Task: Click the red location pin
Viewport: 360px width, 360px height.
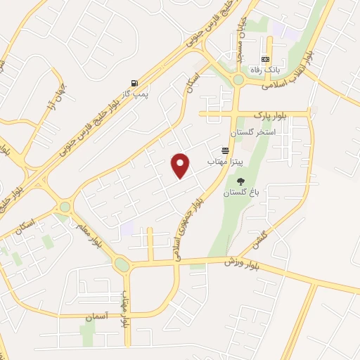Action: coord(181,165)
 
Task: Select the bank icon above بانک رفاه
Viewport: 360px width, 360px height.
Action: coord(266,59)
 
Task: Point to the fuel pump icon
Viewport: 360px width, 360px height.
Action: coord(134,82)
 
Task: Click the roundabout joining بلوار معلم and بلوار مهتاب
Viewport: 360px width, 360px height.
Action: coord(122,265)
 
